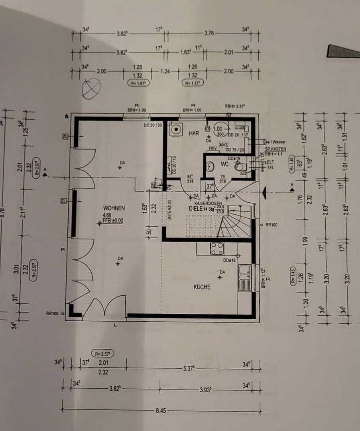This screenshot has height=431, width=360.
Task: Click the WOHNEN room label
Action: point(114,208)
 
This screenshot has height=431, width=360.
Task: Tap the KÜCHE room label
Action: point(202,287)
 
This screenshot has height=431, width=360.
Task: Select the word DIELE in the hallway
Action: point(195,208)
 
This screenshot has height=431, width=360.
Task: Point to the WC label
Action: point(224,164)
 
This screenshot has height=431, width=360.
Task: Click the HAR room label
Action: point(194,133)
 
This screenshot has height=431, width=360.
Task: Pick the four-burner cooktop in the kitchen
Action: point(217,248)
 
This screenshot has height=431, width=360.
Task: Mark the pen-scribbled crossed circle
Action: point(91,88)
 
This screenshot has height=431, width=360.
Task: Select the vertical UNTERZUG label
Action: point(169,211)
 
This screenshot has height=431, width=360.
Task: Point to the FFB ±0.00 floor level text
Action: point(113,220)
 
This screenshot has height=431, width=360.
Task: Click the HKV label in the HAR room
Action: point(213,148)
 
